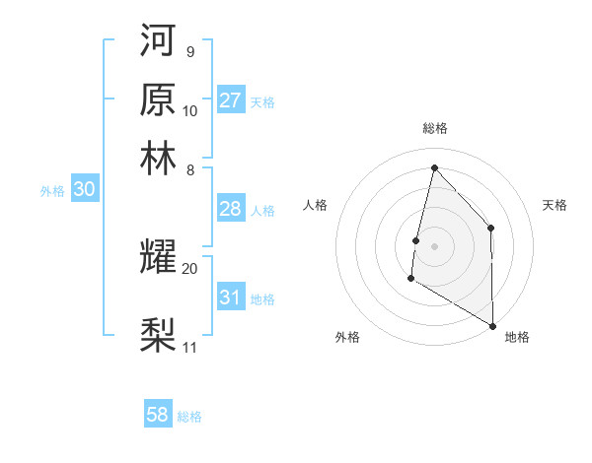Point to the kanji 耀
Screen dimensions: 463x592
click(x=159, y=255)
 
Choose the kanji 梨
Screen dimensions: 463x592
click(x=159, y=335)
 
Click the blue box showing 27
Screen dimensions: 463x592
click(x=231, y=100)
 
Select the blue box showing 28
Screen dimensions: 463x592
click(x=231, y=209)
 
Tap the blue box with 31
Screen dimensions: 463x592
click(x=231, y=298)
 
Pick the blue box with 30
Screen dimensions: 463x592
click(x=84, y=190)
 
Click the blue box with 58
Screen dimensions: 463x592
click(x=158, y=415)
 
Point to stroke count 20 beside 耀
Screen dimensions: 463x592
click(x=190, y=267)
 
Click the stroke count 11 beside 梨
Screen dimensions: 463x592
click(x=190, y=347)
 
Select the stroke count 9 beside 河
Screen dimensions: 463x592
click(x=189, y=51)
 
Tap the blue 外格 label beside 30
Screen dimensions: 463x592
click(x=52, y=191)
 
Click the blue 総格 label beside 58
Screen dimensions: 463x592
click(x=189, y=416)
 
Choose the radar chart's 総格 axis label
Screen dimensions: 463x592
click(x=434, y=128)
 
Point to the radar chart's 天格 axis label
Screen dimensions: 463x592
click(x=555, y=205)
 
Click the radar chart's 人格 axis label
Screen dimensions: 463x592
click(x=315, y=205)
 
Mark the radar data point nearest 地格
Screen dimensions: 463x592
click(x=492, y=325)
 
